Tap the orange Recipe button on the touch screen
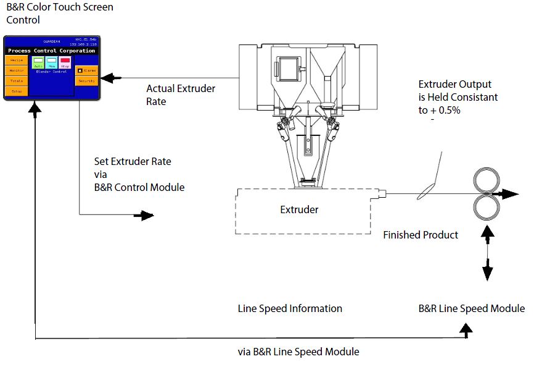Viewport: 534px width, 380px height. [x=17, y=61]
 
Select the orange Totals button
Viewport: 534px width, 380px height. [x=17, y=81]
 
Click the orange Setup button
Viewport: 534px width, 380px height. [x=17, y=91]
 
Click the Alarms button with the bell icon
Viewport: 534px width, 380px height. [x=87, y=70]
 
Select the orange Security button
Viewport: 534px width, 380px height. [x=87, y=81]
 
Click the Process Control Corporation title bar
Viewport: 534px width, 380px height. [x=52, y=51]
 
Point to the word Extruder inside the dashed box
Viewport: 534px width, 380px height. [x=299, y=209]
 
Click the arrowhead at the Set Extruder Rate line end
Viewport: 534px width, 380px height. [x=147, y=215]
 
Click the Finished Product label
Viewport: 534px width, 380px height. [x=421, y=235]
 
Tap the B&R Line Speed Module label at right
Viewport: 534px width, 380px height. [x=472, y=308]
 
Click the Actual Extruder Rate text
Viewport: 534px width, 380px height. [x=181, y=95]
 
